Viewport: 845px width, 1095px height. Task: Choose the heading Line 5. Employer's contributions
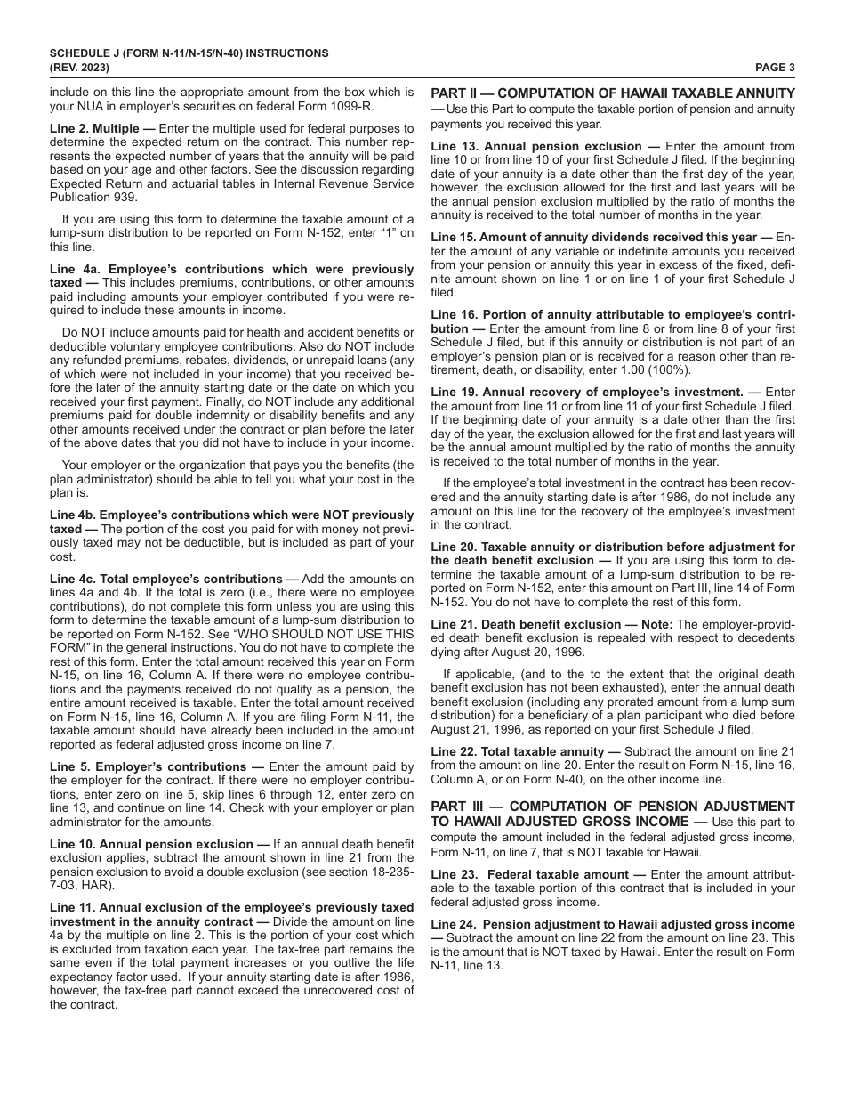click(x=148, y=766)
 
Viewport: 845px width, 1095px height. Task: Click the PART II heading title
click(x=613, y=93)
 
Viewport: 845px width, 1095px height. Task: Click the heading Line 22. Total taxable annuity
click(x=525, y=751)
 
